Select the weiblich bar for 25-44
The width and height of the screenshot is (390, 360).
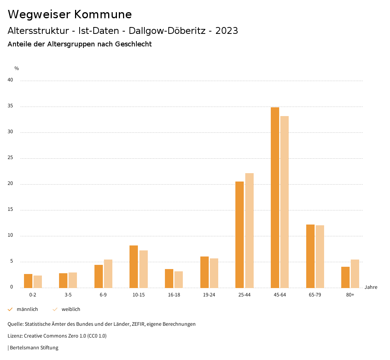click(x=249, y=230)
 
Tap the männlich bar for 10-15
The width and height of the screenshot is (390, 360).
click(x=134, y=266)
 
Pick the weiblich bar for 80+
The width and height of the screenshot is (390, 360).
click(x=355, y=273)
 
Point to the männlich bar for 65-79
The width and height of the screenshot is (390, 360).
click(x=310, y=256)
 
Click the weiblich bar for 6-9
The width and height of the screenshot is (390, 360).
click(x=108, y=273)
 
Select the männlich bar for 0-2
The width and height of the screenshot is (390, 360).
click(x=28, y=280)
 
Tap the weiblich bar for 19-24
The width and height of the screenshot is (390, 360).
click(x=214, y=273)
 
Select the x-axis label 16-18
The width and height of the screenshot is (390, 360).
click(x=174, y=295)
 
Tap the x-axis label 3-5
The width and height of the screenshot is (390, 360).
click(x=68, y=295)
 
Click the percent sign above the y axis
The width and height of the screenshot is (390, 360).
click(x=17, y=68)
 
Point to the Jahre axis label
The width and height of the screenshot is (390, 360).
click(x=371, y=287)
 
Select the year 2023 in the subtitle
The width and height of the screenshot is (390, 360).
click(x=227, y=31)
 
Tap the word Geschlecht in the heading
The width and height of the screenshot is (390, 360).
click(x=133, y=44)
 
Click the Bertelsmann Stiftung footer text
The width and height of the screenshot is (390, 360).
click(x=34, y=347)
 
